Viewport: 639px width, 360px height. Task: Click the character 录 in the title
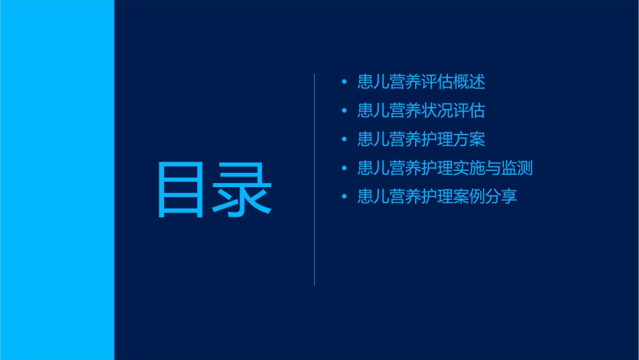(x=243, y=189)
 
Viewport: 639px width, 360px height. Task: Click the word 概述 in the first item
(x=469, y=83)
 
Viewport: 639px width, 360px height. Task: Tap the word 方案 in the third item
(x=469, y=140)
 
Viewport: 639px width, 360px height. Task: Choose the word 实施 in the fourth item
(x=469, y=168)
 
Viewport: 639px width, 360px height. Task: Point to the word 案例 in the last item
(x=469, y=197)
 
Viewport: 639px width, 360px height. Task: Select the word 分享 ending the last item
(x=501, y=197)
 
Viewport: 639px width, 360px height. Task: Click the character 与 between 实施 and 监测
(x=493, y=168)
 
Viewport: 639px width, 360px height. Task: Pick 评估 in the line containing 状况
(x=469, y=111)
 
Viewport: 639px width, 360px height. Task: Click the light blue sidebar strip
(x=57, y=180)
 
